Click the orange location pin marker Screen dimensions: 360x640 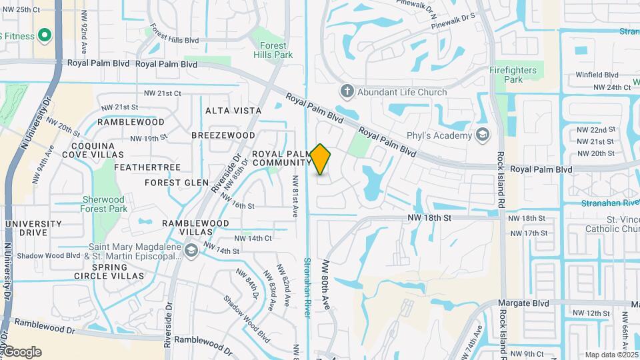(321, 159)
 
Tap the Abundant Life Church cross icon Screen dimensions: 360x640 (346, 91)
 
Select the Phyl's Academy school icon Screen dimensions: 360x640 (482, 135)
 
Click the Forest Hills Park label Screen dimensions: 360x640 (273, 50)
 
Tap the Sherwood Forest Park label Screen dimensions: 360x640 (103, 204)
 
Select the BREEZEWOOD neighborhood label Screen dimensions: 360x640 (223, 135)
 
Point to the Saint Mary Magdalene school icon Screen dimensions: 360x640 (192, 251)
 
